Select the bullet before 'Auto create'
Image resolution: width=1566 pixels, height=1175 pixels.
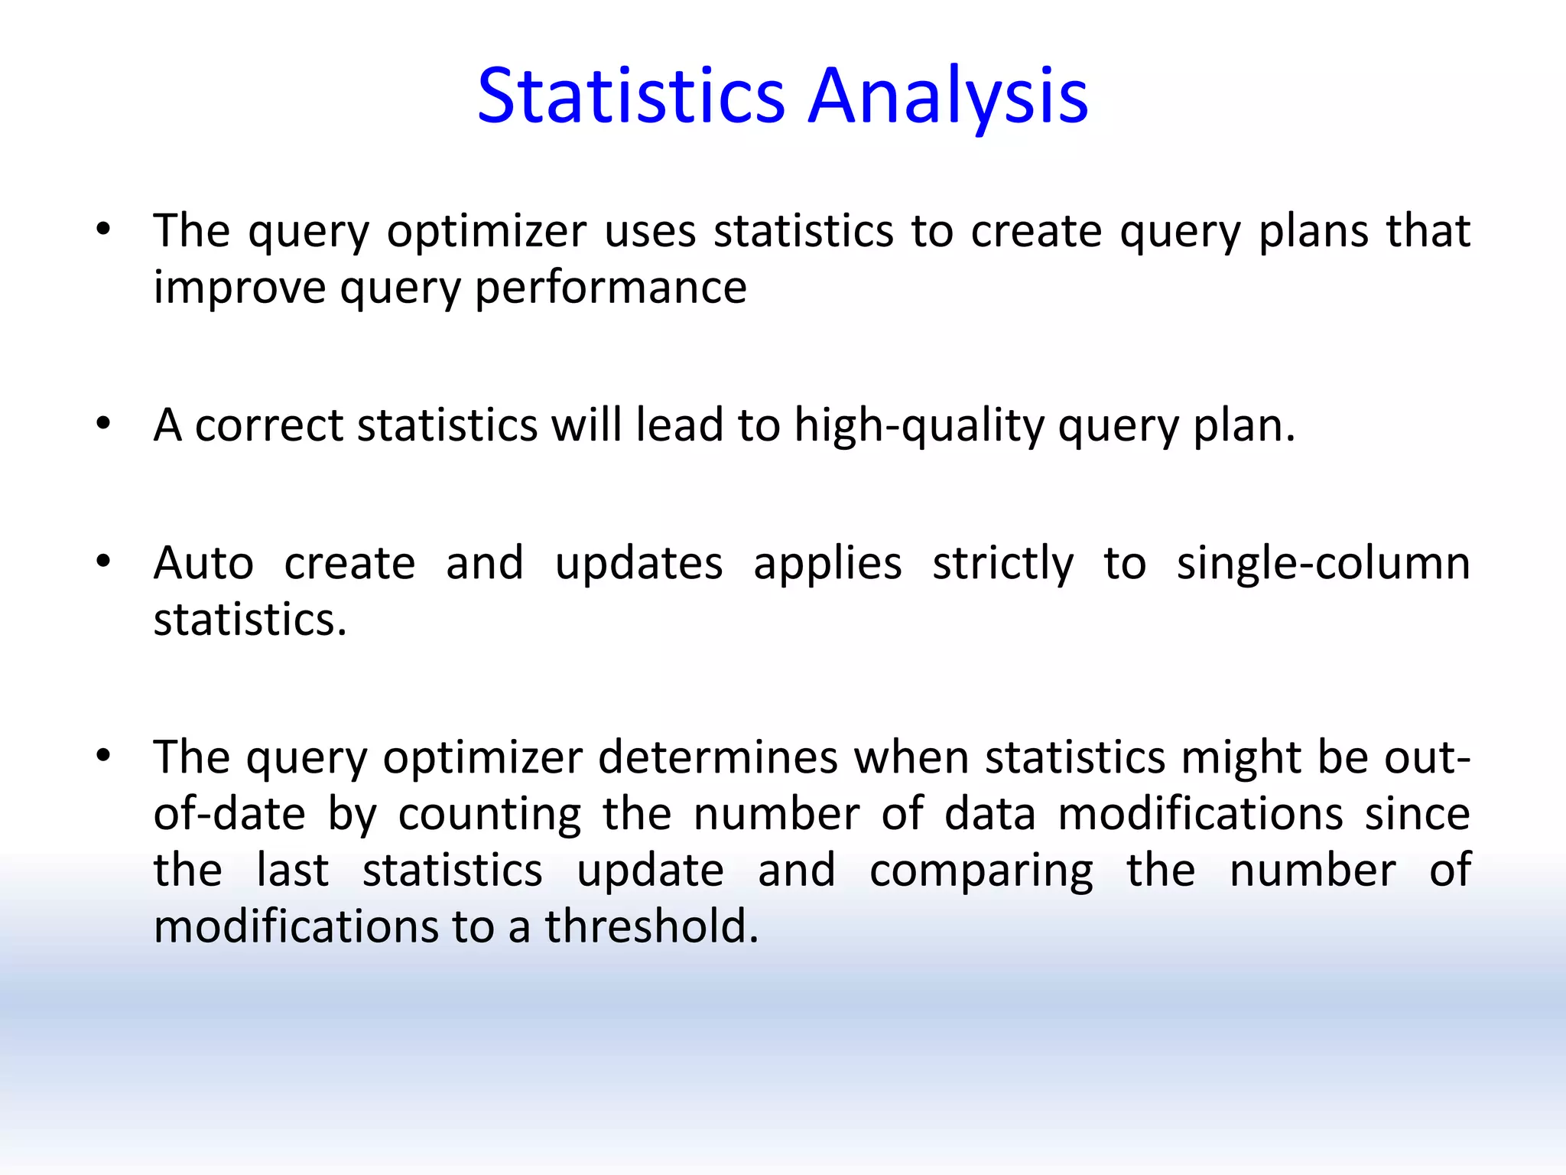click(103, 562)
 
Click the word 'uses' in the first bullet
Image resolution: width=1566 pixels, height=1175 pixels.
click(650, 230)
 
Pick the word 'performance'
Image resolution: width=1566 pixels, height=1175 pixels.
click(610, 288)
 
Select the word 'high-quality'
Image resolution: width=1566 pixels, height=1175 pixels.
click(918, 425)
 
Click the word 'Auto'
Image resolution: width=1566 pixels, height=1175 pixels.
click(203, 564)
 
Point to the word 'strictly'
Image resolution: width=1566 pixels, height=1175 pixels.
click(1002, 564)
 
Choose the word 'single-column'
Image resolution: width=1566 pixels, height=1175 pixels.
click(1323, 564)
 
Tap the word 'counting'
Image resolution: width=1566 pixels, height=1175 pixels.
click(489, 814)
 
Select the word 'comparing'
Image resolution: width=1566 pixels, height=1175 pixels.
click(981, 871)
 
